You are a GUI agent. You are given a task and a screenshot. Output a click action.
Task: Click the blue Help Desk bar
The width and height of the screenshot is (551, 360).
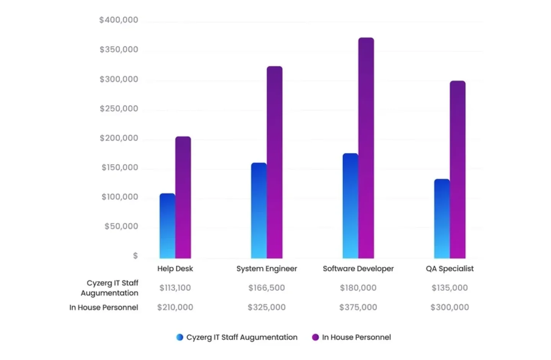[167, 226]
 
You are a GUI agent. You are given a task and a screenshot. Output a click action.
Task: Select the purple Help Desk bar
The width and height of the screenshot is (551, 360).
[183, 197]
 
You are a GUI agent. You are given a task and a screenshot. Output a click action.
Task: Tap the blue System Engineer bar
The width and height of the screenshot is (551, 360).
[259, 211]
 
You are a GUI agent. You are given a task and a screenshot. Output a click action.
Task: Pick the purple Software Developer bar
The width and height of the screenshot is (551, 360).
[366, 148]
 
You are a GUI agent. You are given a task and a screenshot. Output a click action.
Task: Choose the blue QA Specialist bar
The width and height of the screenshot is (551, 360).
[442, 219]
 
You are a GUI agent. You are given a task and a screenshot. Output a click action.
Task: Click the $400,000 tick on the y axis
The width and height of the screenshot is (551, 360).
[119, 20]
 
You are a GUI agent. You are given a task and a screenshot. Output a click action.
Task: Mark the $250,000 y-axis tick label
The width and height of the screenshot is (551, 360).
[119, 109]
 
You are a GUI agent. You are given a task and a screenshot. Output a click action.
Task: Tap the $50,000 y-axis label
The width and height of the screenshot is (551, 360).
[121, 226]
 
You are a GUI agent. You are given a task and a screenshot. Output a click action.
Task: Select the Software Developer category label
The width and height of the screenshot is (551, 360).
[358, 268]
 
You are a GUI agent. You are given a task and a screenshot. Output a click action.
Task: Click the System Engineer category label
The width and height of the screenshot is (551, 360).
[267, 268]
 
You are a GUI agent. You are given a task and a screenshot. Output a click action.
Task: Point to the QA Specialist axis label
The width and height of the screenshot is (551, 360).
[450, 268]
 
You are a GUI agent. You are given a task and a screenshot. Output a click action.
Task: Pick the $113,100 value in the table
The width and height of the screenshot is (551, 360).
[175, 288]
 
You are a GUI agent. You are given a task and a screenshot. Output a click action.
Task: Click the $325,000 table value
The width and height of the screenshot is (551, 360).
[267, 307]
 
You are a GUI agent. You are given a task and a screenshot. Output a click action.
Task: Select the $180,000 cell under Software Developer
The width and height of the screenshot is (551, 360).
[358, 288]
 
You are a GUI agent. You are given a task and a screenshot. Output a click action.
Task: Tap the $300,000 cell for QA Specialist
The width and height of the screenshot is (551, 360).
[450, 307]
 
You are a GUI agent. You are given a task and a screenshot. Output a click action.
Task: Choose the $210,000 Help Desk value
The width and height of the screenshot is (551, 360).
[175, 307]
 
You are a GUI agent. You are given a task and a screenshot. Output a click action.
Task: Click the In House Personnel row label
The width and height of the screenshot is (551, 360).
[104, 307]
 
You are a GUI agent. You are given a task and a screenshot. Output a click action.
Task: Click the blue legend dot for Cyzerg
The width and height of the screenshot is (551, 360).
[179, 337]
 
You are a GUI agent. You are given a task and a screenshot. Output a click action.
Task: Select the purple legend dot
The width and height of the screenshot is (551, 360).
[315, 337]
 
